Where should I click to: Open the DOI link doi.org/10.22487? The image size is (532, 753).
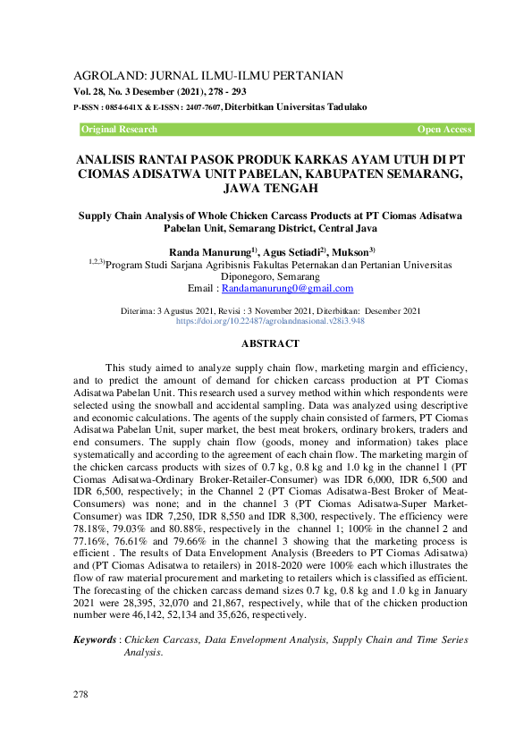(258, 319)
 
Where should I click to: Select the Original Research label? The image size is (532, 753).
(119, 130)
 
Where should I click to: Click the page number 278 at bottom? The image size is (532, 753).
(81, 694)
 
